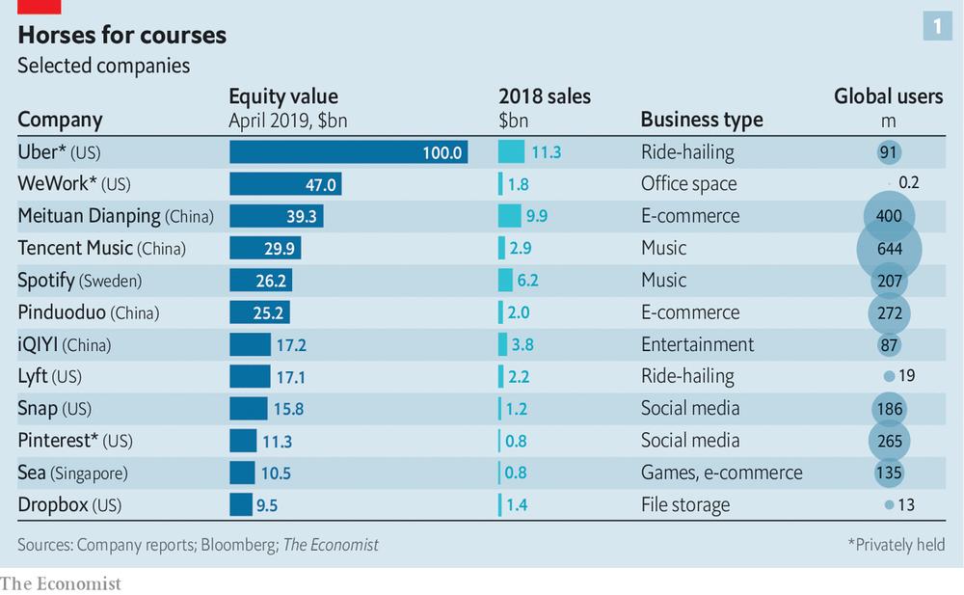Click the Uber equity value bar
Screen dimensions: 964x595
349,152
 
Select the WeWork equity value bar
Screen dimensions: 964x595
286,184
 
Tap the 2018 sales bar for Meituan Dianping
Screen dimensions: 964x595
510,216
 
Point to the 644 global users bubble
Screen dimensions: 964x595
889,249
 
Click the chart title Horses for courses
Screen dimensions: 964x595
121,35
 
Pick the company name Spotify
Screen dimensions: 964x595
46,281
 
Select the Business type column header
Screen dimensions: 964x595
702,119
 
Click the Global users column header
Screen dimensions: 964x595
889,96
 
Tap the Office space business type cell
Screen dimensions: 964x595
688,183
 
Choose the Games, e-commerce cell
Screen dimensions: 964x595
722,473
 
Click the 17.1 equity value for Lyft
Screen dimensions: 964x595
290,376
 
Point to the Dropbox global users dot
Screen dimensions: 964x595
889,504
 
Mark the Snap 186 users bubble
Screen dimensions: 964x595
889,409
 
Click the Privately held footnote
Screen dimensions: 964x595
897,545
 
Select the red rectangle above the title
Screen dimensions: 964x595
39,7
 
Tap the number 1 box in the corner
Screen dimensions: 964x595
937,26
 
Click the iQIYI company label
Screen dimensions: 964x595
64,344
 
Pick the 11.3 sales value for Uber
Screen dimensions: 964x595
546,152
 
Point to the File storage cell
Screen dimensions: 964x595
684,505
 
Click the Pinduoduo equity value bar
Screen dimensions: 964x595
259,312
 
